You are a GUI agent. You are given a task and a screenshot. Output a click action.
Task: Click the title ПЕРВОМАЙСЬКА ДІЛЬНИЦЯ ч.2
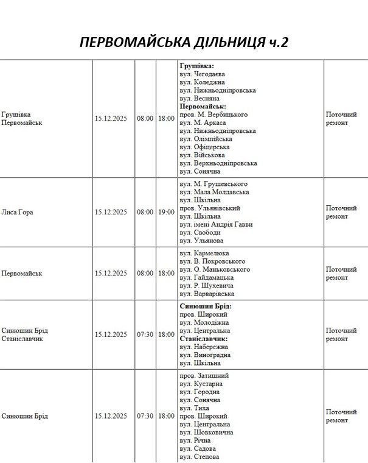pos(184,43)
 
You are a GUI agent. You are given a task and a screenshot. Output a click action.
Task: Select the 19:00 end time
pos(165,213)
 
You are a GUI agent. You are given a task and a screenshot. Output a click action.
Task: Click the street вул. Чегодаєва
pos(203,74)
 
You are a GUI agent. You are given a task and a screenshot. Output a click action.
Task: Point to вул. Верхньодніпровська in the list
pos(218,163)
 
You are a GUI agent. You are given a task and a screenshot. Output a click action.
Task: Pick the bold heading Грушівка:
pos(196,66)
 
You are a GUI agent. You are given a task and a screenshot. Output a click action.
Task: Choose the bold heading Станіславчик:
pos(203,339)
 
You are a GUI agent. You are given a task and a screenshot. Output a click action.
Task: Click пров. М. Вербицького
pos(214,115)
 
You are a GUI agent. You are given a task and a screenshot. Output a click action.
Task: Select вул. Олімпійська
pos(206,139)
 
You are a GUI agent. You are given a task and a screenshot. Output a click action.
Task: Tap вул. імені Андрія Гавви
pos(216,224)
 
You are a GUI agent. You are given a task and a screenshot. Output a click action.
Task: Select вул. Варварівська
pos(207,294)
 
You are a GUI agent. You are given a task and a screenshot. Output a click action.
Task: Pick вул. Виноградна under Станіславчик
pos(205,355)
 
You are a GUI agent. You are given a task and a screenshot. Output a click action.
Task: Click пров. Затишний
pos(204,376)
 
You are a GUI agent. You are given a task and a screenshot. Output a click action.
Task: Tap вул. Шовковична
pos(206,433)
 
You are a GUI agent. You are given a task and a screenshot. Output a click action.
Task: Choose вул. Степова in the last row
pos(200,457)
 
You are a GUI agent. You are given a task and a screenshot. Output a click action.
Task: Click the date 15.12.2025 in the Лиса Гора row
pos(111,213)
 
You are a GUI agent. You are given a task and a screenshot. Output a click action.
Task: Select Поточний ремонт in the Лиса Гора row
pos(341,212)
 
